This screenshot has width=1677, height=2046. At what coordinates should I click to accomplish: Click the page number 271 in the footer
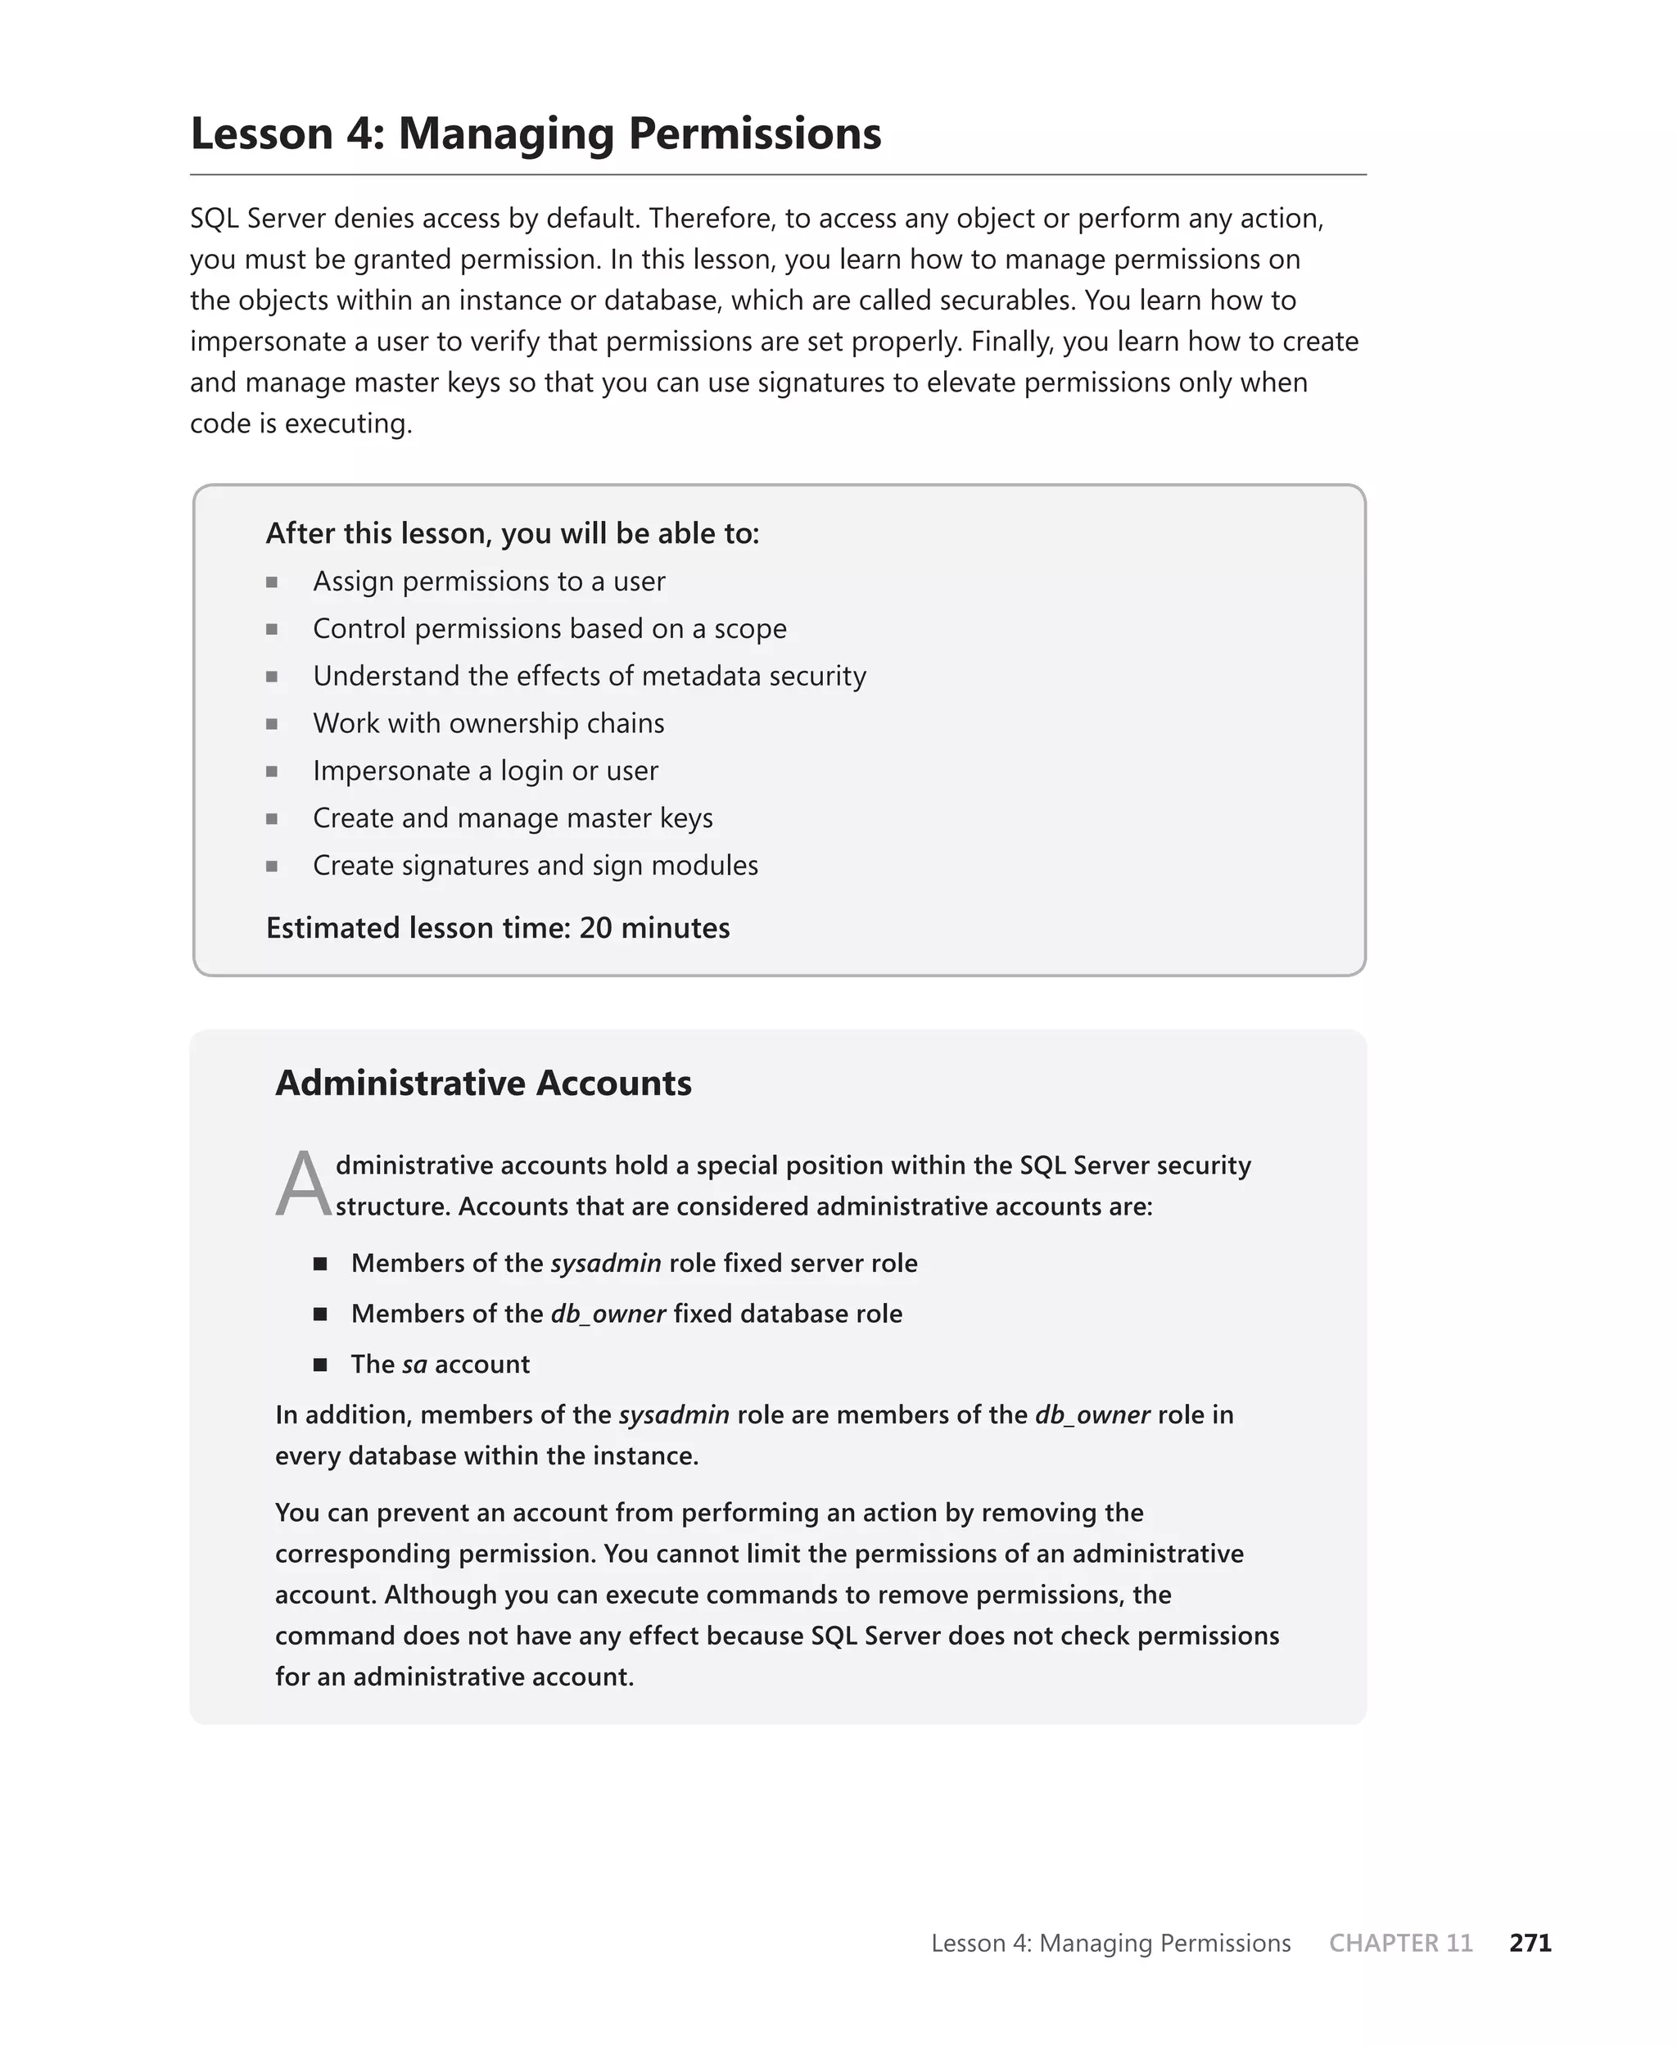(1530, 1943)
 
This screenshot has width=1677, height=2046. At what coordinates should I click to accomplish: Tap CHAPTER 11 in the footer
(1401, 1943)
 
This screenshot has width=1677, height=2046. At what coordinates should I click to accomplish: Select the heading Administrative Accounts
(483, 1083)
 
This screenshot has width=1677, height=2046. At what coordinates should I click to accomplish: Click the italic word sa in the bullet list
(414, 1364)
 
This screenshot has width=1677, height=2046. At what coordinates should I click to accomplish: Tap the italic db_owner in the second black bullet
(608, 1314)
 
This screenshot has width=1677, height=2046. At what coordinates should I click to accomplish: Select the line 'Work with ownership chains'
(488, 723)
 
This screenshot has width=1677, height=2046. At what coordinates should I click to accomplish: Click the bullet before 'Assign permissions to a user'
(273, 582)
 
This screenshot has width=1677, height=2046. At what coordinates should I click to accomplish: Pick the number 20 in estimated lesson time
(595, 928)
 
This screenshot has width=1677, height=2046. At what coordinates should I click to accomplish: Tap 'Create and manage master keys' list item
(512, 818)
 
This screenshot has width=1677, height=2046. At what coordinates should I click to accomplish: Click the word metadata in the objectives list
(694, 677)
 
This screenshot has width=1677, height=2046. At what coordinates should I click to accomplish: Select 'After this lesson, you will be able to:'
(512, 533)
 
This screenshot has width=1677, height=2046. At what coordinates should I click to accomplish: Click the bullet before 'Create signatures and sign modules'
(273, 866)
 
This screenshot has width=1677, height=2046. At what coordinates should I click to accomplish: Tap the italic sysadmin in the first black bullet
(606, 1264)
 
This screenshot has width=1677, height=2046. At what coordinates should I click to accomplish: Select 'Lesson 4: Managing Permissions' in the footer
(1110, 1943)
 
